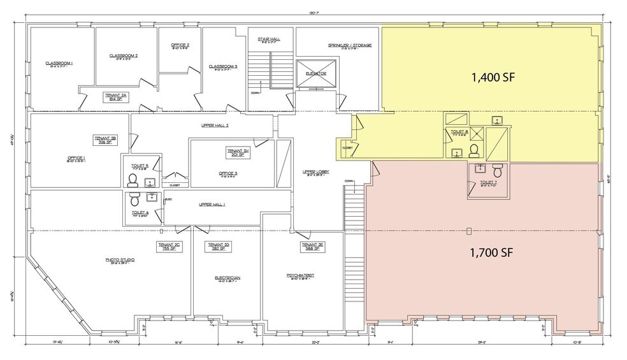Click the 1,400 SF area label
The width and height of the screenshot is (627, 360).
point(492,78)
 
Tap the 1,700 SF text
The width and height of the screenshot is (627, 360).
point(492,252)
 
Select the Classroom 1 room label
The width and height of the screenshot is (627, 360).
point(59,63)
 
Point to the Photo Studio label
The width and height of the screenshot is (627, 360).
point(120,260)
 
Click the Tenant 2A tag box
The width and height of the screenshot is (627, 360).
point(116,96)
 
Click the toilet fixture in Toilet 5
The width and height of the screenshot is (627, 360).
point(134,180)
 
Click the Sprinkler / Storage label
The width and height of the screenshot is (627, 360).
point(350,46)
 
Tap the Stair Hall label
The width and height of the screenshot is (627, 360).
point(269,40)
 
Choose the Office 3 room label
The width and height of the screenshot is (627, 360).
point(227,173)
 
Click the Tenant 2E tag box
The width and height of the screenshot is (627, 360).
point(310,246)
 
